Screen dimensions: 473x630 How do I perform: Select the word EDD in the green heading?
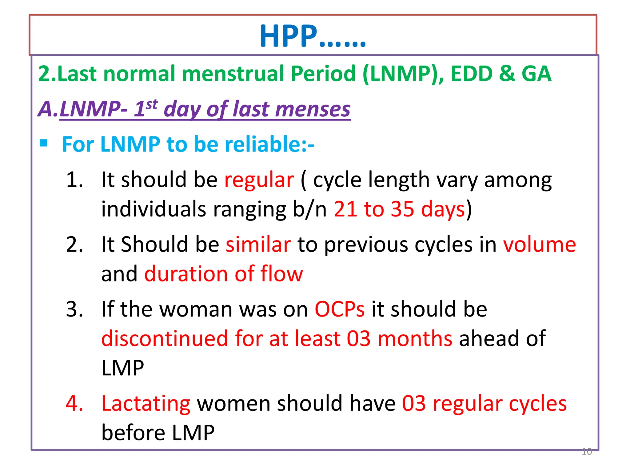tap(472, 74)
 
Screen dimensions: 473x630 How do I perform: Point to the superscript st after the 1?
tap(152, 105)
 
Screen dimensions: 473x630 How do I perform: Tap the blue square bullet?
tap(43, 143)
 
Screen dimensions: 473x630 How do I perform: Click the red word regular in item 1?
tap(259, 180)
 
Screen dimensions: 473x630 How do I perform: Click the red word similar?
tap(258, 245)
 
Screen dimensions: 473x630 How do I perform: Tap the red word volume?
tap(539, 245)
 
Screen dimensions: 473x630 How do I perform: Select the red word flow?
tap(281, 274)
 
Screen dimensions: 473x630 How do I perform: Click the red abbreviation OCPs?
tap(339, 309)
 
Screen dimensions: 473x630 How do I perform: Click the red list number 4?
tap(74, 403)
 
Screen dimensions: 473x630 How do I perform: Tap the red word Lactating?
tap(146, 404)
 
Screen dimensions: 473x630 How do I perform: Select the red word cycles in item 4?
tap(537, 404)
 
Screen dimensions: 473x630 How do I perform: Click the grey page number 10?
tap(587, 451)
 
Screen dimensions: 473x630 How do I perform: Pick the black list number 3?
tap(74, 309)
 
